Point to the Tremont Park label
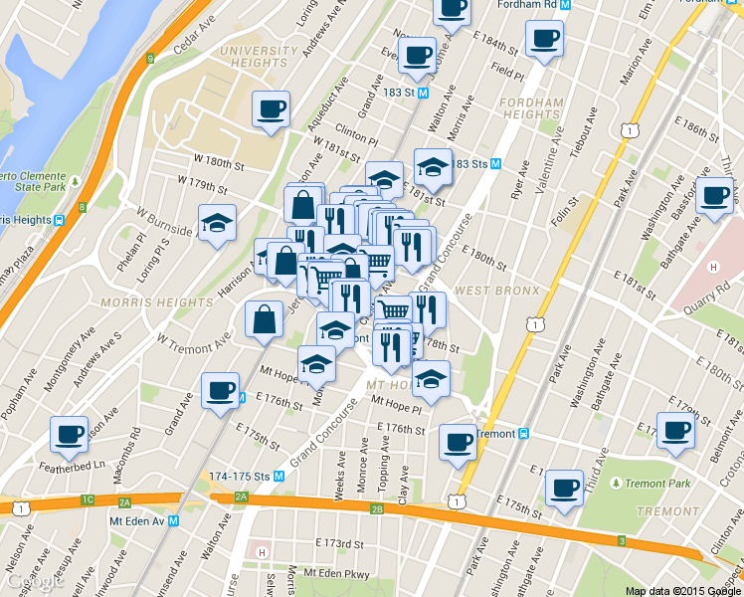657,484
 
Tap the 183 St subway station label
403,92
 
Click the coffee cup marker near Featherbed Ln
70,434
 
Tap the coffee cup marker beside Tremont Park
564,489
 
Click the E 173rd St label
340,544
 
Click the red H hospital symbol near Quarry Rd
712,267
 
